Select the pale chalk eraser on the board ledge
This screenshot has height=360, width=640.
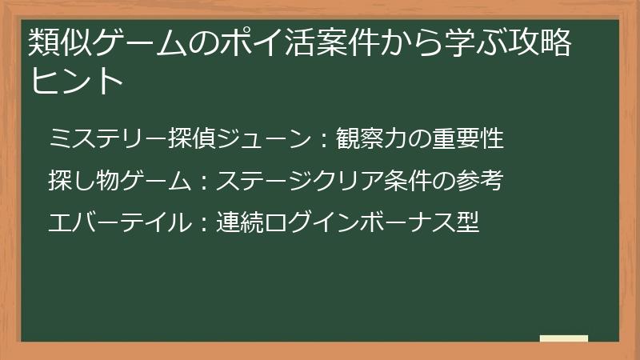(x=564, y=339)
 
